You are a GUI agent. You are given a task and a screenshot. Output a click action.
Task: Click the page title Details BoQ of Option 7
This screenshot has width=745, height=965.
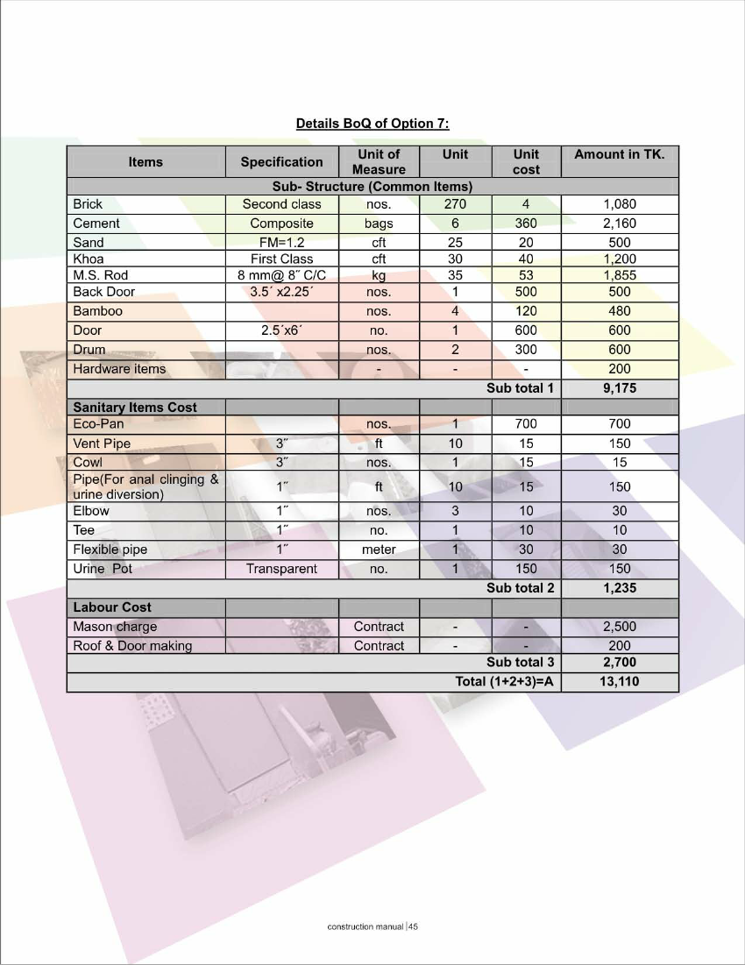click(372, 124)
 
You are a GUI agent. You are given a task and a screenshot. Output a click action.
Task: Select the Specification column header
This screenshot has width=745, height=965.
click(281, 161)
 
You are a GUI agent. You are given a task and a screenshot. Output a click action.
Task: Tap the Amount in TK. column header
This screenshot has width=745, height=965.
click(619, 154)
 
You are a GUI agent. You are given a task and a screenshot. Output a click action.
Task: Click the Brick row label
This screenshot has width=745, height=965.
click(88, 204)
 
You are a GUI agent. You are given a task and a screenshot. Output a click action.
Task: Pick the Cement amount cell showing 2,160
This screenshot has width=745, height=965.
click(619, 224)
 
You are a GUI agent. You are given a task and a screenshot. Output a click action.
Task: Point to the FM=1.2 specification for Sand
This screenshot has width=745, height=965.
click(281, 243)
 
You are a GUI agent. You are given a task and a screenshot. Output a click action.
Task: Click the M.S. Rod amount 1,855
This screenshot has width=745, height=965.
click(619, 275)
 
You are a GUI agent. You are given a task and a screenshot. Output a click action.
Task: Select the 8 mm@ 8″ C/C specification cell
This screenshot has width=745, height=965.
click(281, 275)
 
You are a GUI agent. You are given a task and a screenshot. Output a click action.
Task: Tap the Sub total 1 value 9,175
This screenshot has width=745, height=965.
click(619, 388)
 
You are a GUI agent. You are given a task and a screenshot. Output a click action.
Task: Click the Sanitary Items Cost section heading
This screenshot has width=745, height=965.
click(135, 408)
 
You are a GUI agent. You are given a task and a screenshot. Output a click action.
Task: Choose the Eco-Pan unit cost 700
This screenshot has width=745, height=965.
click(526, 424)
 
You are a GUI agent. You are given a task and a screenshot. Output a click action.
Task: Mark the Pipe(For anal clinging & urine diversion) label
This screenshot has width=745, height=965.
click(145, 486)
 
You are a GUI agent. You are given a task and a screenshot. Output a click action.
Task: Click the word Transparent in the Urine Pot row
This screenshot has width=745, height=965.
click(281, 569)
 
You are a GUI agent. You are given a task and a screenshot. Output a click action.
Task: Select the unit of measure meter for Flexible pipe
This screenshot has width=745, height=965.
click(379, 550)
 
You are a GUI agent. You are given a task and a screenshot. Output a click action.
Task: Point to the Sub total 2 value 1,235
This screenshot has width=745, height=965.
click(619, 588)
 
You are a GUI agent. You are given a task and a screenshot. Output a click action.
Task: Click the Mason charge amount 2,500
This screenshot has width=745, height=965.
click(619, 627)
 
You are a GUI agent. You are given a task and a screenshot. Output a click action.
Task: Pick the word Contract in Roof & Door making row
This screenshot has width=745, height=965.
click(379, 646)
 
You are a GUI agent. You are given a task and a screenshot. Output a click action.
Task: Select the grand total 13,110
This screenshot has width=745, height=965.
click(619, 682)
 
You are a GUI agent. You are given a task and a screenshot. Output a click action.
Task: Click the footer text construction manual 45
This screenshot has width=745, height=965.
click(372, 926)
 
